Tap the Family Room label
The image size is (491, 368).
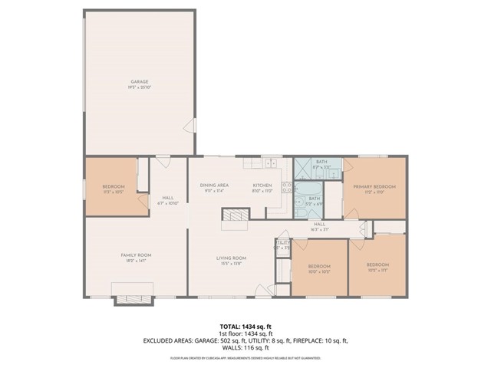click(x=135, y=257)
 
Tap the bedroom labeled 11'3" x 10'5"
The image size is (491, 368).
click(x=113, y=189)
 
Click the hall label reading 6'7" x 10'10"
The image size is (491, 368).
click(x=167, y=200)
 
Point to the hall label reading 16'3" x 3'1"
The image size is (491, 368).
click(x=319, y=226)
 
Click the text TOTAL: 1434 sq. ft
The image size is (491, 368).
click(x=245, y=326)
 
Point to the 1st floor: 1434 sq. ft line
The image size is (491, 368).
click(x=245, y=333)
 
